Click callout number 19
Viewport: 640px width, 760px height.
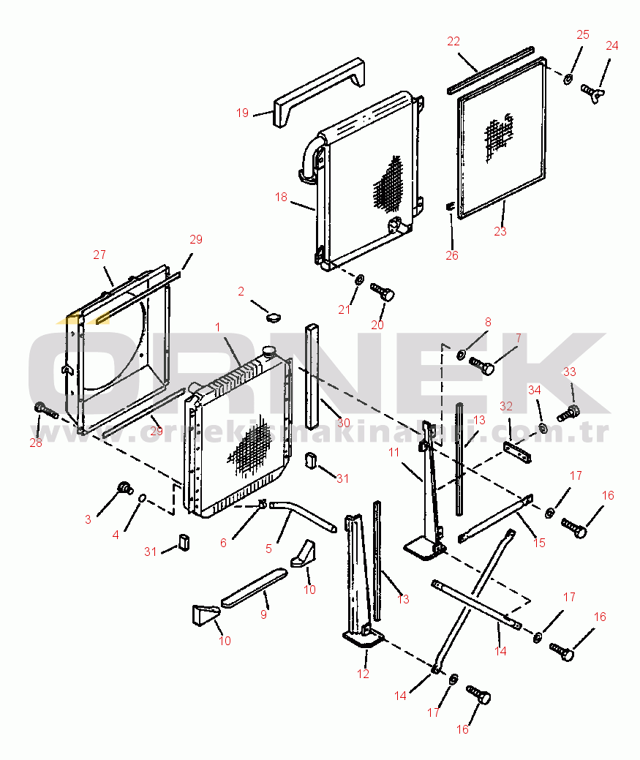[x=243, y=113]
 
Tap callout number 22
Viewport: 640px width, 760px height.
[x=454, y=41]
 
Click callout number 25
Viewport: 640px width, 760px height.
[x=583, y=34]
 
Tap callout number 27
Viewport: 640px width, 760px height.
[x=99, y=255]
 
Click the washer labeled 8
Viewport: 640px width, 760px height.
[x=462, y=355]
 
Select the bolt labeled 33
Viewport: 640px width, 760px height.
[x=568, y=413]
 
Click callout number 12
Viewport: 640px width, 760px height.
[x=364, y=674]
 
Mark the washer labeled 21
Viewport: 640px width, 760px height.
[x=360, y=280]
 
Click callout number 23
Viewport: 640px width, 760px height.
[x=500, y=232]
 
